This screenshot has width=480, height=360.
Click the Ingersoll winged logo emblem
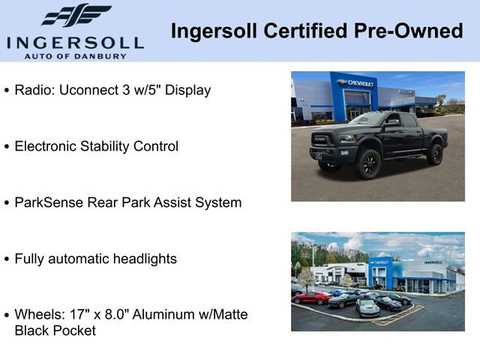coord(76,16)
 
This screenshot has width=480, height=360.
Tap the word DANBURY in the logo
coord(103,55)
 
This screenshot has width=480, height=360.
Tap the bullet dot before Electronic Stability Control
coord(7,147)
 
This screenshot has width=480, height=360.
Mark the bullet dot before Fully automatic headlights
coord(7,259)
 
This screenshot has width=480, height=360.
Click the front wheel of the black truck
coord(367,164)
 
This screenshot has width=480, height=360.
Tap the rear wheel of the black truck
coord(435,154)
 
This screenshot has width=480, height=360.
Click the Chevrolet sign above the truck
coord(355,82)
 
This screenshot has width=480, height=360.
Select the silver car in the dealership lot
coord(367,307)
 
